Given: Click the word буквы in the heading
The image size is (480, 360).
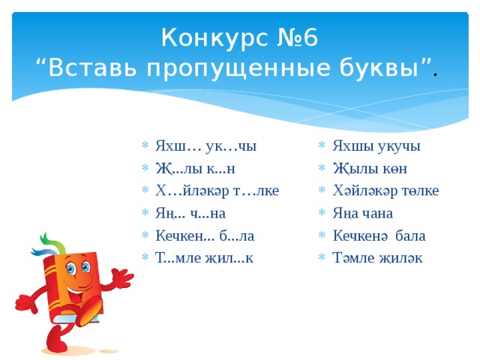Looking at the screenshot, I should click(390, 68).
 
